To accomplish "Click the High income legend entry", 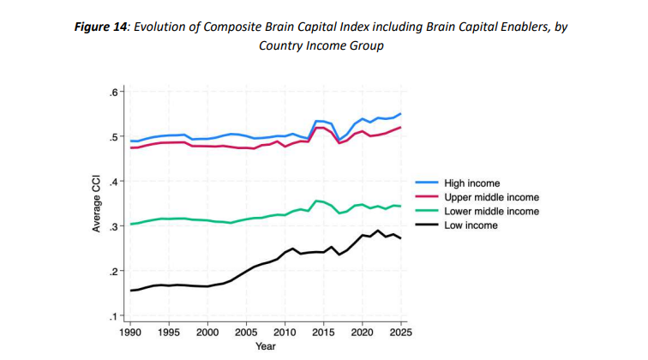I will pos(471,183).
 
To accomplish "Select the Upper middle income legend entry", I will pos(484,197).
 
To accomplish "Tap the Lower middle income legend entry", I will pos(484,211).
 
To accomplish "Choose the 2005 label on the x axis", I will pos(245,332).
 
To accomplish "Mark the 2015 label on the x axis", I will pos(322,332).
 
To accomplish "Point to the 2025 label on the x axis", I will pos(399,332).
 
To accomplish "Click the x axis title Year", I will pos(265,346).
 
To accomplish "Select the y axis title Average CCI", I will pos(97,204).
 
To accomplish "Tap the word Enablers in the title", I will pos(510,27).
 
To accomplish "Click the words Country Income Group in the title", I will pos(321,45).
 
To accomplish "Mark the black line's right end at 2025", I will pos(399,237).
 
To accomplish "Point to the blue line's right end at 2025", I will pos(399,114).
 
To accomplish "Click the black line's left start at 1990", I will pos(130,291).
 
